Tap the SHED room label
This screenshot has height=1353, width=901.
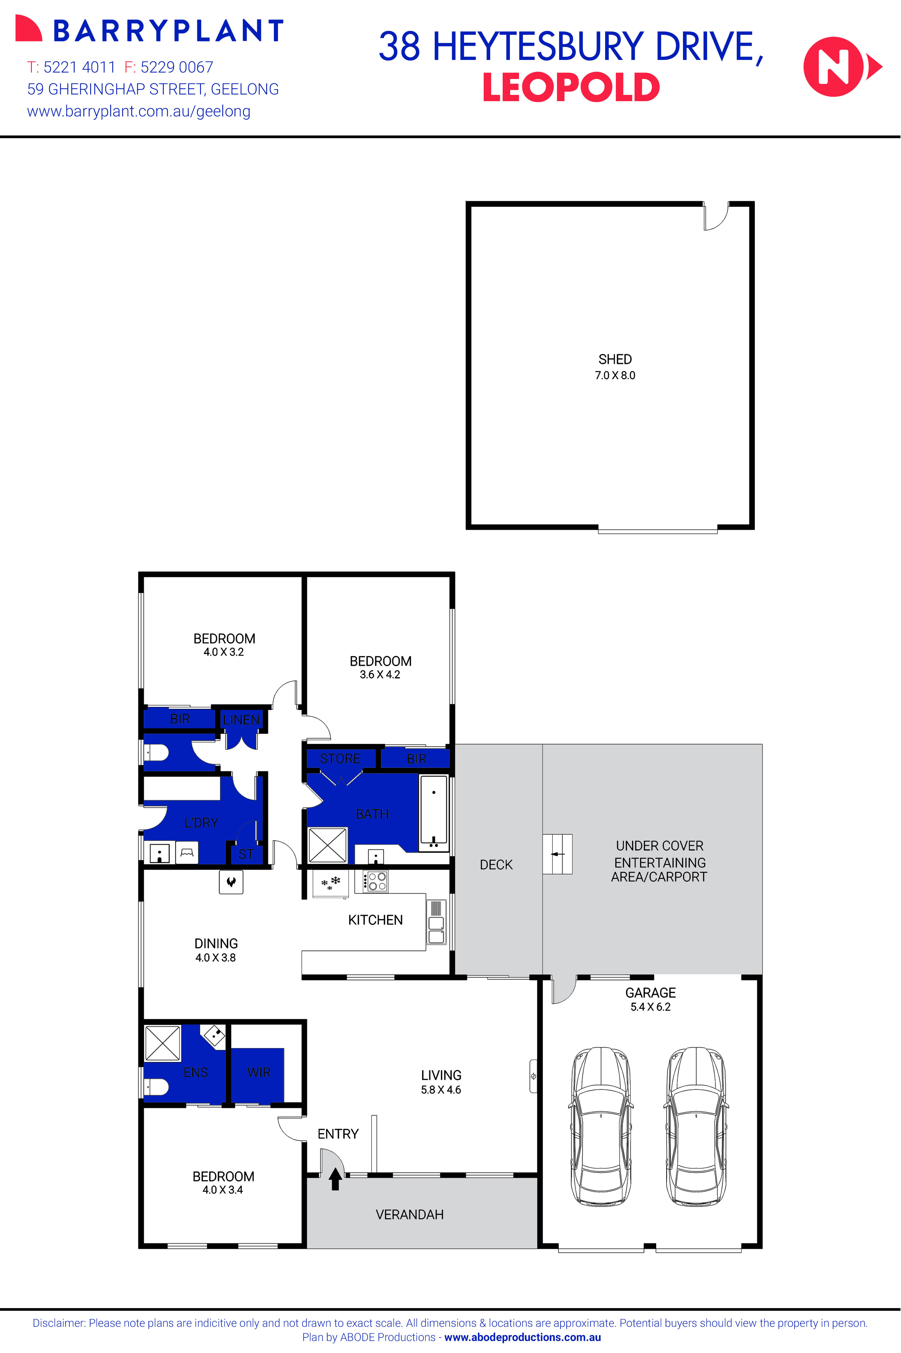[x=615, y=359]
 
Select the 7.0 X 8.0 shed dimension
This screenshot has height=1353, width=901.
[x=615, y=375]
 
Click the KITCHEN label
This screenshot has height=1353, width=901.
[x=375, y=920]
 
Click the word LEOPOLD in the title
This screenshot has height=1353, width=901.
[x=571, y=88]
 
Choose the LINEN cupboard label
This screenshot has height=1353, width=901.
[x=241, y=720]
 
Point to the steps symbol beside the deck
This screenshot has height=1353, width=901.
[x=558, y=854]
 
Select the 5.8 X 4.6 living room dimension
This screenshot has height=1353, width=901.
[x=441, y=1090]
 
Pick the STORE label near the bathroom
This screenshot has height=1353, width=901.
[x=340, y=759]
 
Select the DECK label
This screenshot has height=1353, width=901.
[x=496, y=864]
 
